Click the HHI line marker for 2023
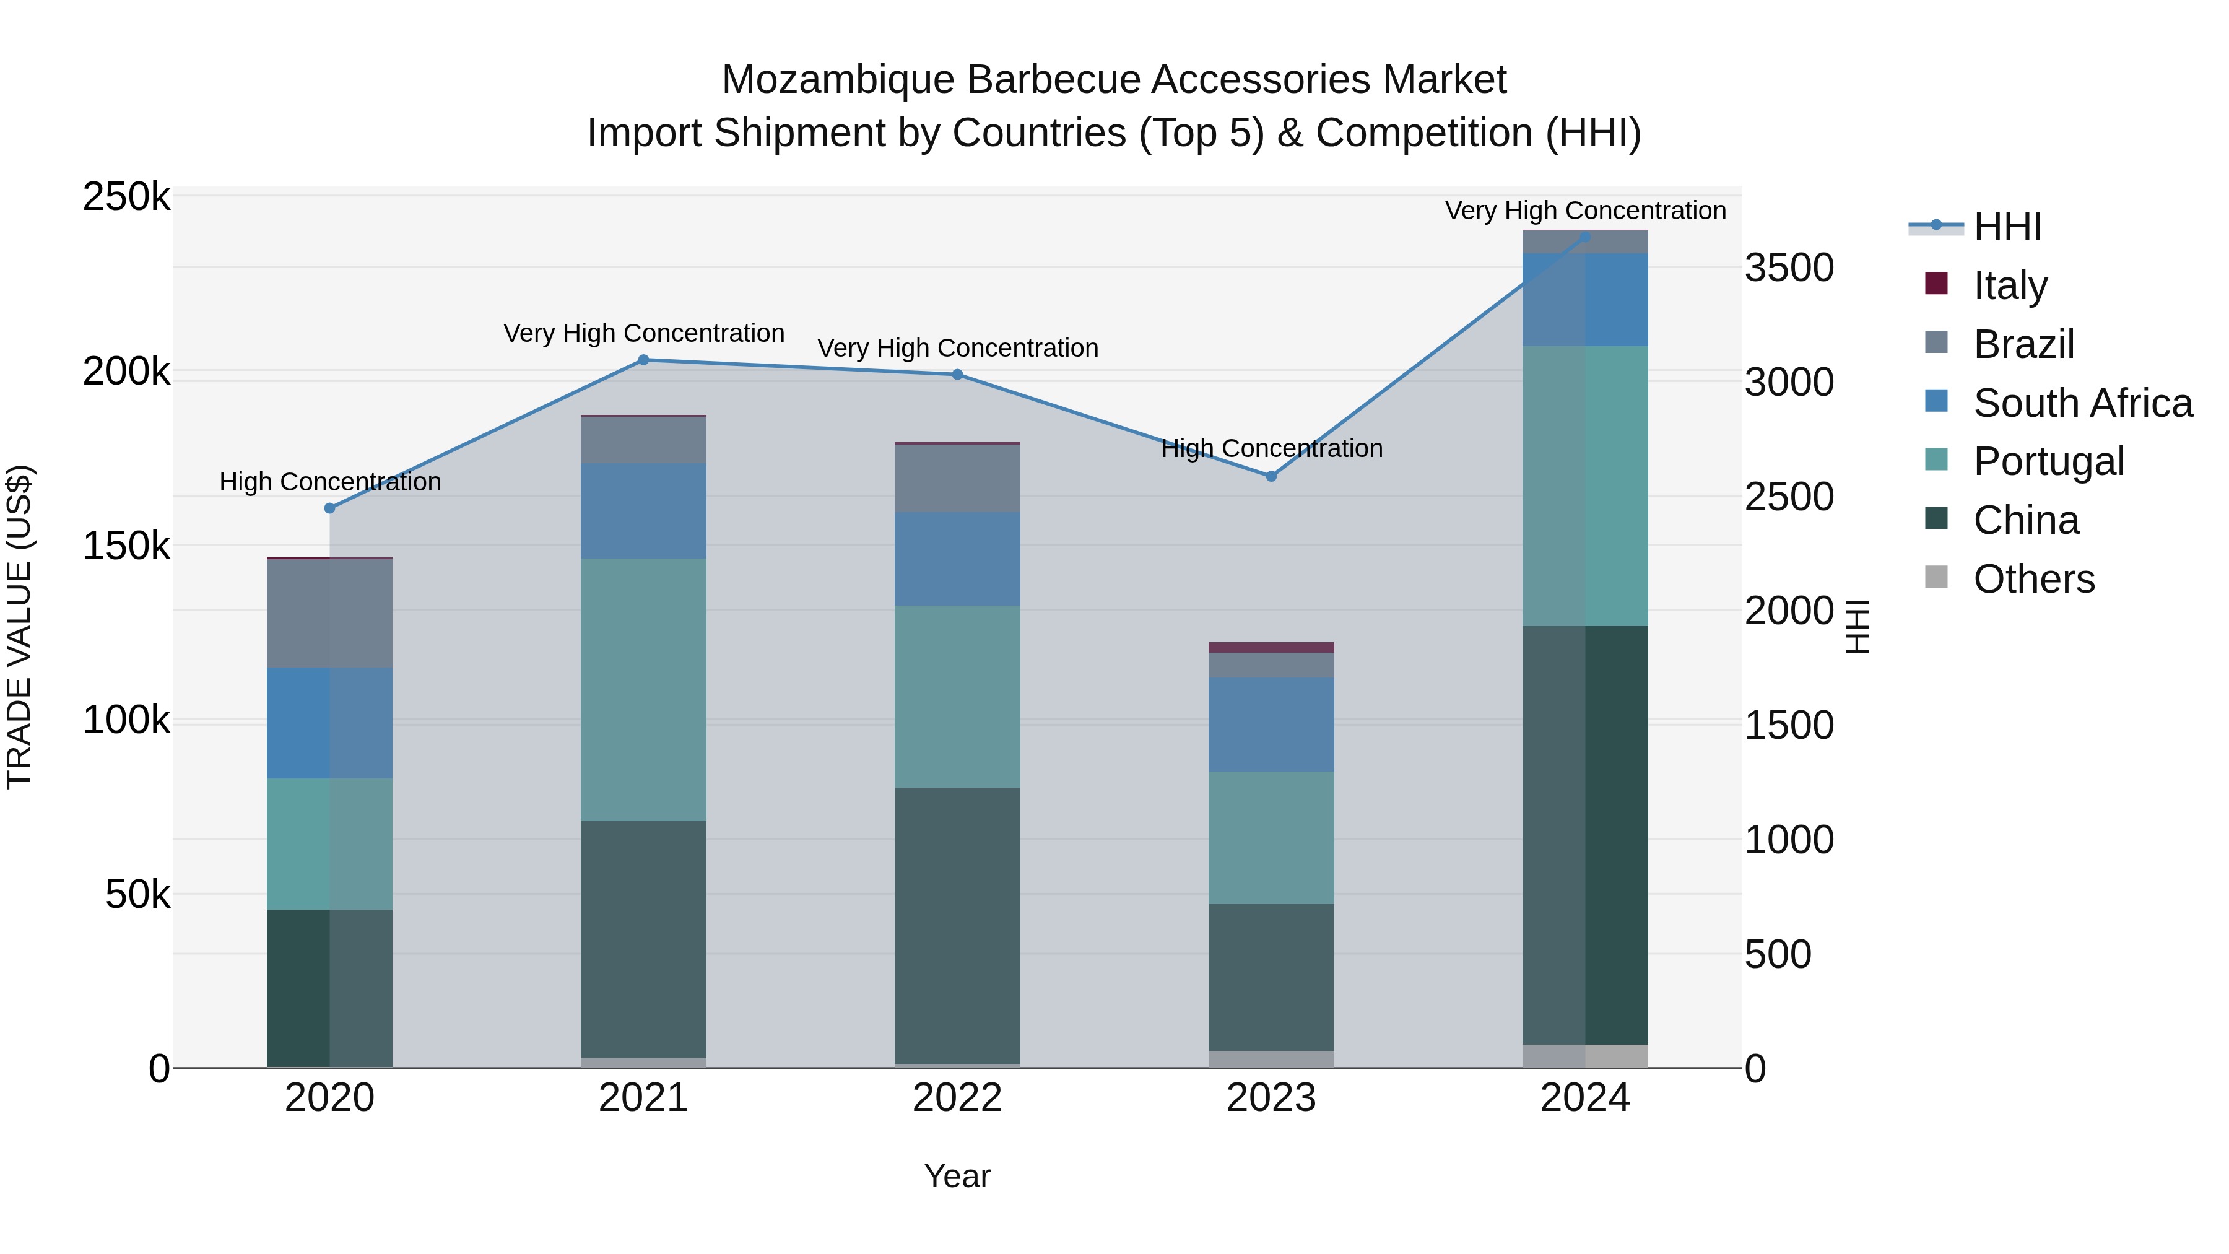pyautogui.click(x=1271, y=476)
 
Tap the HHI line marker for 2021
pyautogui.click(x=643, y=360)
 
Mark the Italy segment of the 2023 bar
pyautogui.click(x=1271, y=647)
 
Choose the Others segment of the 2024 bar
pyautogui.click(x=1585, y=1056)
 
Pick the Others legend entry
pyautogui.click(x=2033, y=579)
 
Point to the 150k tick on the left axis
pyautogui.click(x=126, y=546)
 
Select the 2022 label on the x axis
pyautogui.click(x=957, y=1098)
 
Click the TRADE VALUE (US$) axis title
pyautogui.click(x=19, y=627)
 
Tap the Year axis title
pyautogui.click(x=957, y=1176)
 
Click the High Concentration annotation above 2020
pyautogui.click(x=329, y=481)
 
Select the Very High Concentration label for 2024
pyautogui.click(x=1585, y=211)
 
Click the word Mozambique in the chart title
pyautogui.click(x=838, y=80)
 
